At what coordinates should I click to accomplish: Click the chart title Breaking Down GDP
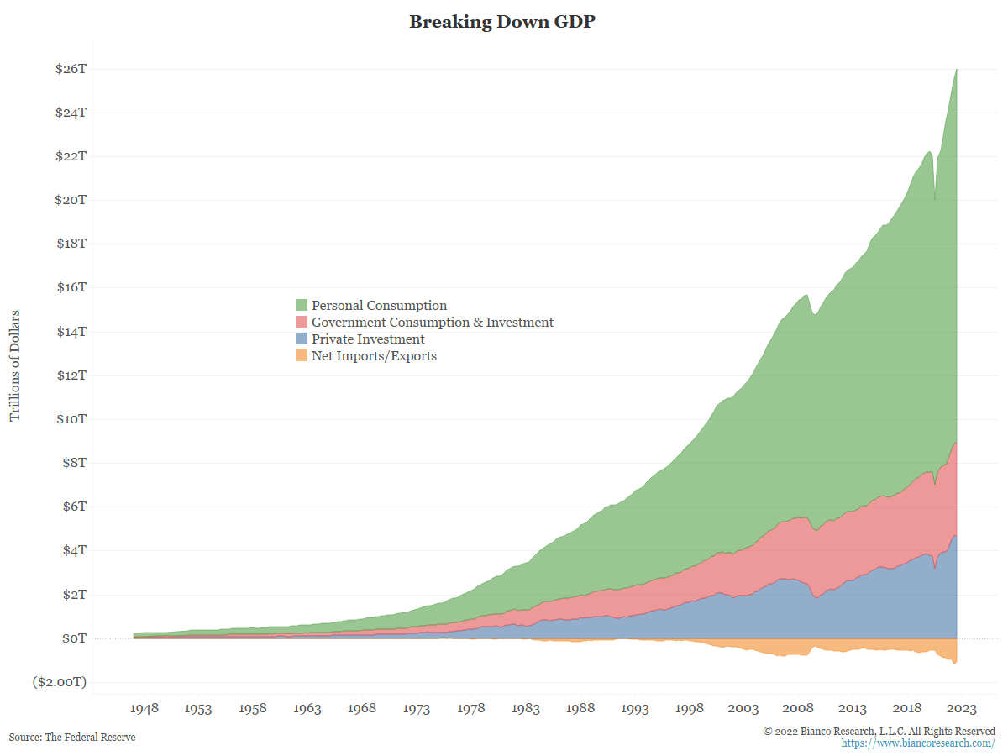502,23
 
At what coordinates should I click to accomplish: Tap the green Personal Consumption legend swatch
302,306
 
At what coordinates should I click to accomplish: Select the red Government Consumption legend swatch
302,323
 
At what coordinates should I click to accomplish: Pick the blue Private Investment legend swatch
302,339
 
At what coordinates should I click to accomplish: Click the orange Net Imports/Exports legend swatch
302,356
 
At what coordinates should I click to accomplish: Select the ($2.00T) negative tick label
60,682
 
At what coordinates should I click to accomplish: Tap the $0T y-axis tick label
73,638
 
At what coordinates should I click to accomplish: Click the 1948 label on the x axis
144,709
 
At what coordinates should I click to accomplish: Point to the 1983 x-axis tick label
526,709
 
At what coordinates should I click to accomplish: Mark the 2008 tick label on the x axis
798,709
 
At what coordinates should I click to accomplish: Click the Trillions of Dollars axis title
15,365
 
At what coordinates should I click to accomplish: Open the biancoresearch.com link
918,743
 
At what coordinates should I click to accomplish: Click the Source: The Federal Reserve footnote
72,737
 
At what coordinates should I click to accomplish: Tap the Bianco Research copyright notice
879,731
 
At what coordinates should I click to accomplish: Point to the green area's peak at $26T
957,71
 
